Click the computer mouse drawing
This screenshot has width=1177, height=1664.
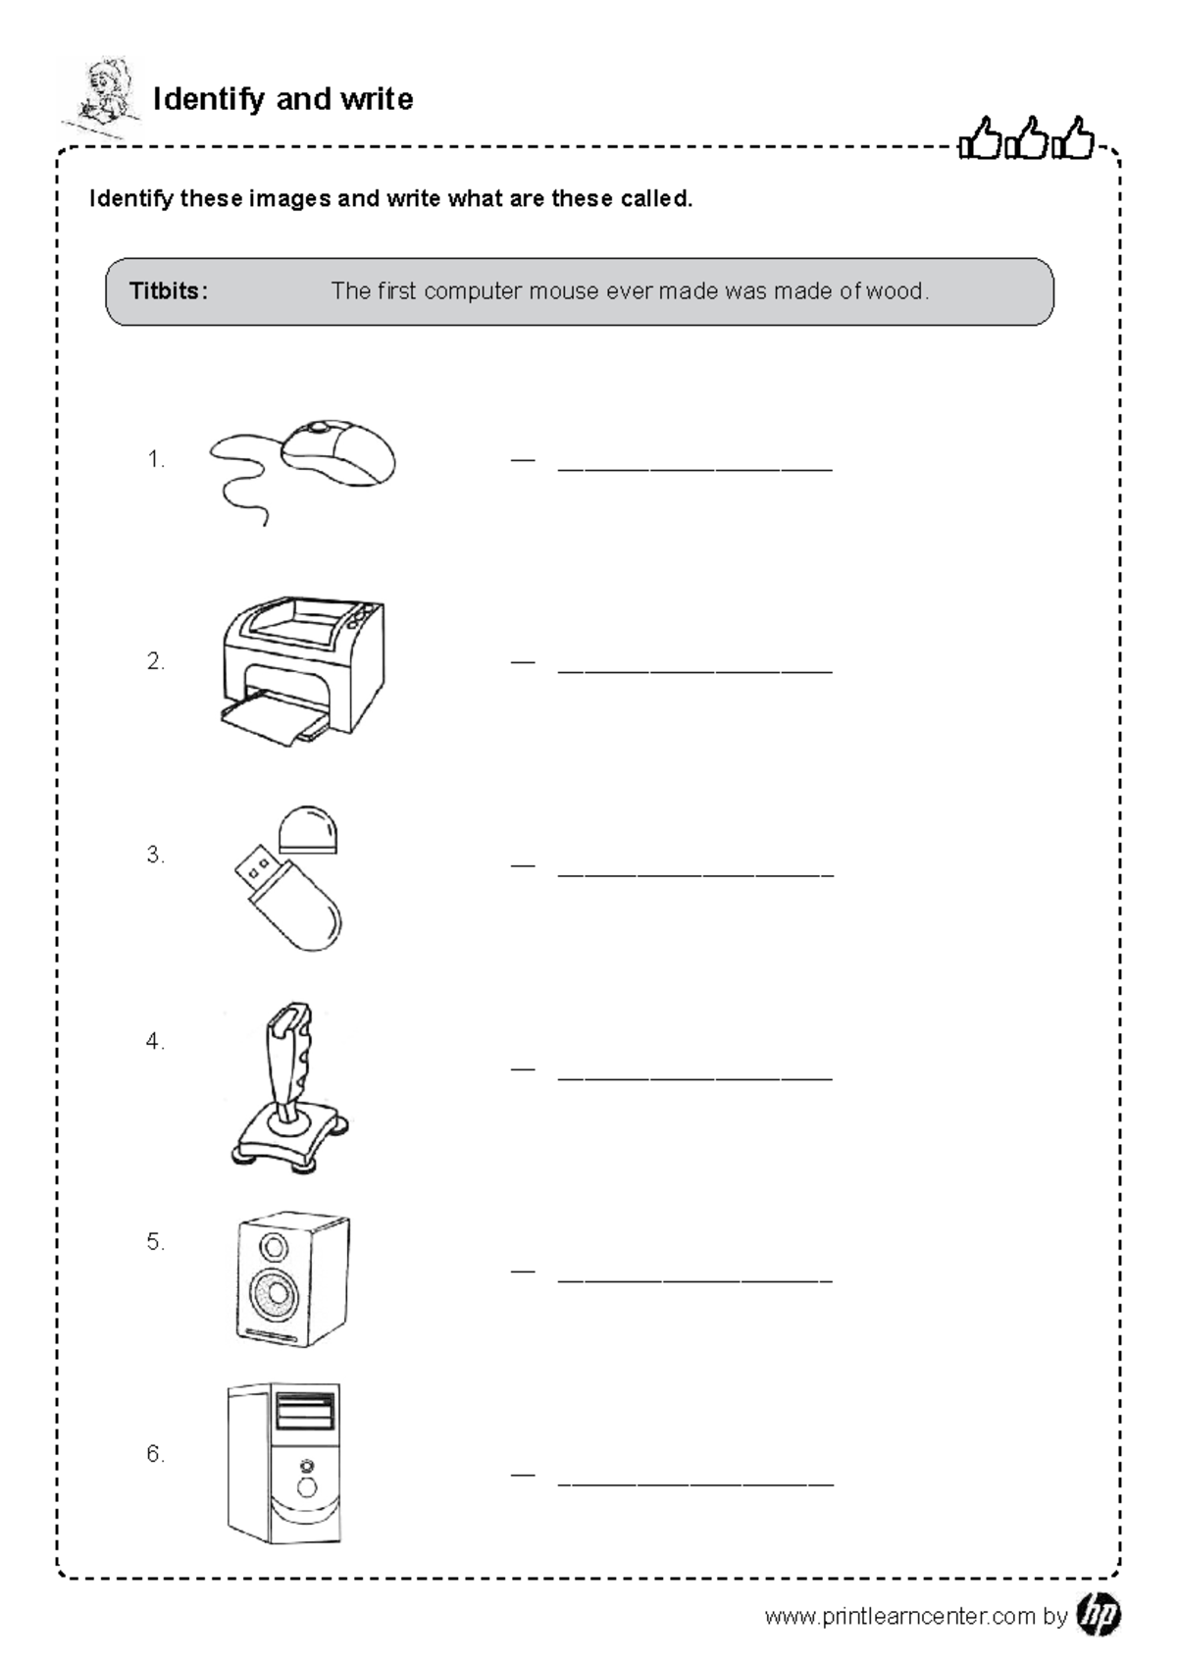click(338, 452)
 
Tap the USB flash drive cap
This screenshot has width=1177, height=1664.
click(308, 830)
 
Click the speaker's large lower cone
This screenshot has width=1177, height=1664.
click(273, 1294)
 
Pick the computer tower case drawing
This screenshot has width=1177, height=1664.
click(284, 1463)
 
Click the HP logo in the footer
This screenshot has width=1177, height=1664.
click(1098, 1615)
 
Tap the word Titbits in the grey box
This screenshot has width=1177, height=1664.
click(168, 291)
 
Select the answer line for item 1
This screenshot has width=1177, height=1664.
click(694, 469)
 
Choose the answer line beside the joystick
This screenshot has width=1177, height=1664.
click(694, 1077)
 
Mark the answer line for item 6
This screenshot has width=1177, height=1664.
click(694, 1483)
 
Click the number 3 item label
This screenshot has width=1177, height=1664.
click(155, 855)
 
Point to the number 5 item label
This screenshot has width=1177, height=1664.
click(155, 1242)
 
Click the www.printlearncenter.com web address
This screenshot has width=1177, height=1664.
click(899, 1617)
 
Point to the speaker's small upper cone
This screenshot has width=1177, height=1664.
click(274, 1247)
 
